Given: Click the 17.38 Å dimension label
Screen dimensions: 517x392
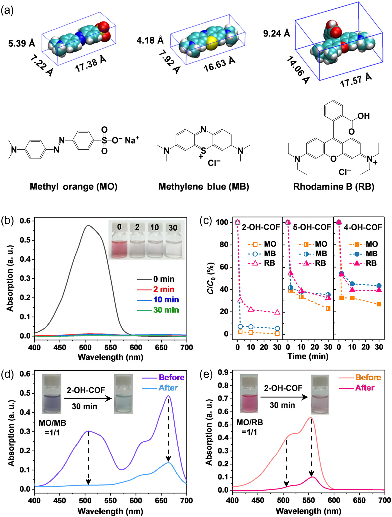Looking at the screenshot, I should tap(90, 63).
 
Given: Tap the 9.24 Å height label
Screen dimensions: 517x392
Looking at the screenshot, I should tap(276, 33).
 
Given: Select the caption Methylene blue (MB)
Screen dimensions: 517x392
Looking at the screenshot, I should tap(204, 186).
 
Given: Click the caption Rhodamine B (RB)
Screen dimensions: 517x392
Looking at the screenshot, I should tap(334, 186).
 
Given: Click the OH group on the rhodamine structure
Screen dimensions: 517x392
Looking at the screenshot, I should tap(363, 116).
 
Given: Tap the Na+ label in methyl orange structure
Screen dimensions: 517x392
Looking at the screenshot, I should tap(132, 140).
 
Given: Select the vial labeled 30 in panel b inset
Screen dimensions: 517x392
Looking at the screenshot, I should tap(173, 242).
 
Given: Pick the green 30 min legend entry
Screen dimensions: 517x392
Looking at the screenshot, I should tap(166, 310).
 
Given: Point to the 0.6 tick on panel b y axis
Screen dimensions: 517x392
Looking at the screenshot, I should tap(25, 221).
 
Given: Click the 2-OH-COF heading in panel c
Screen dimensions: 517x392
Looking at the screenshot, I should tap(261, 227).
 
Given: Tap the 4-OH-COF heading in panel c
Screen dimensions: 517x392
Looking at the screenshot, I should tap(363, 227).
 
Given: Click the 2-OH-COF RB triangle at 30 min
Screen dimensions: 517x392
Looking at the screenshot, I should tap(277, 312).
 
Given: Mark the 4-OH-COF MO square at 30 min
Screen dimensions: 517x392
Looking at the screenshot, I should tap(379, 304).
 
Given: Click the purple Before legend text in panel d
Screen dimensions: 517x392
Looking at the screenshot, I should tap(171, 377).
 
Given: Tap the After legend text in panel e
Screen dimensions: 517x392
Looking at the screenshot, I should tap(364, 388).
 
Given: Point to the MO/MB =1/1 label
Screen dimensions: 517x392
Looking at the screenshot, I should tap(53, 427).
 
